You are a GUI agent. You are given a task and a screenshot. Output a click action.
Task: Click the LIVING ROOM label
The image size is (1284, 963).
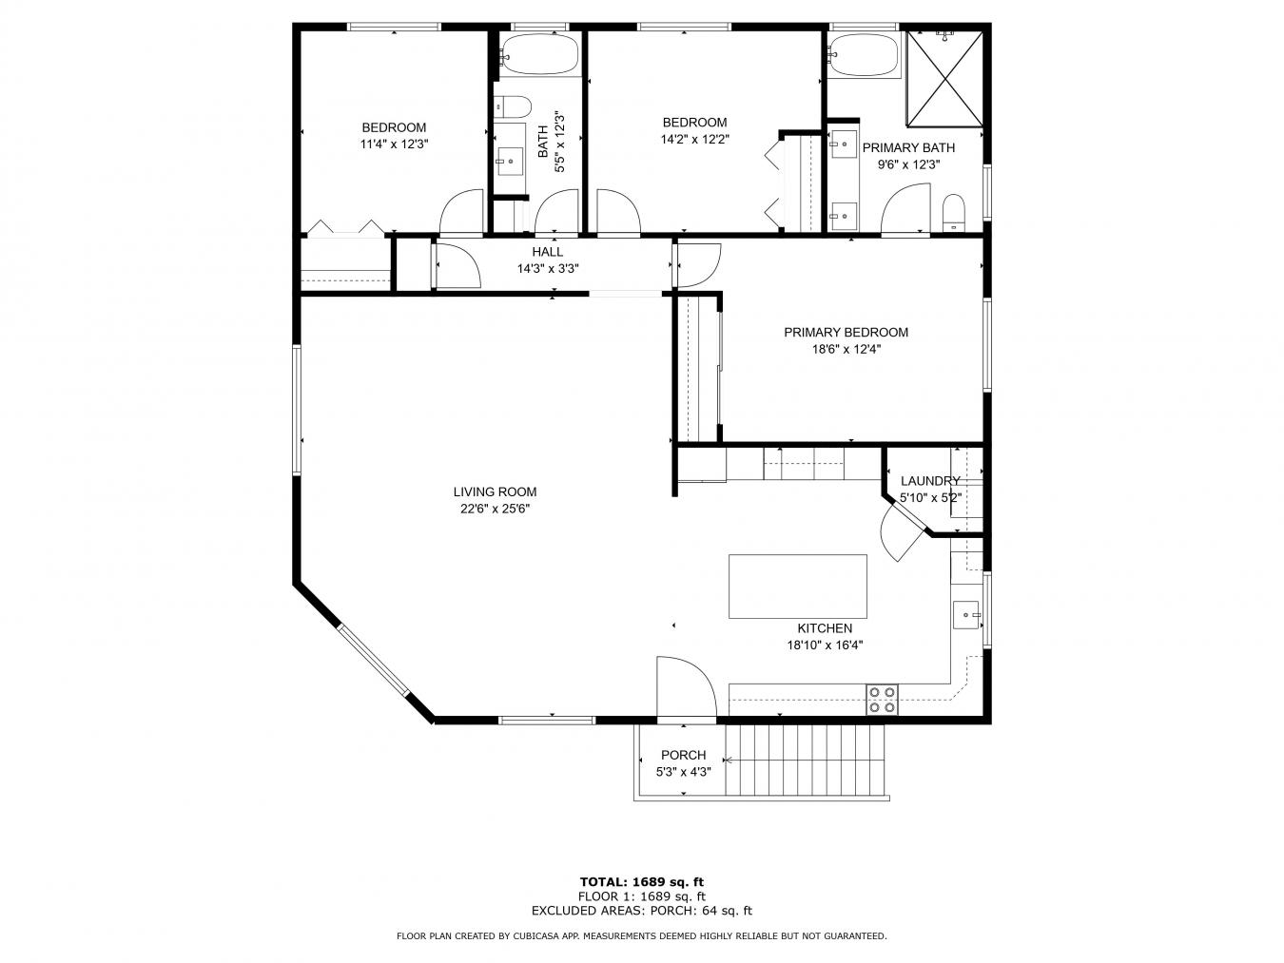(495, 491)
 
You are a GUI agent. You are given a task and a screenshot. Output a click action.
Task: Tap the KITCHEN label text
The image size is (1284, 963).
(824, 628)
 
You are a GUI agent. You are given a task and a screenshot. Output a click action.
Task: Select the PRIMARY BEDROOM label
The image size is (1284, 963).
(846, 332)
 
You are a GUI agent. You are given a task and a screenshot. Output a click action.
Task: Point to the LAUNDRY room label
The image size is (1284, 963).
(929, 481)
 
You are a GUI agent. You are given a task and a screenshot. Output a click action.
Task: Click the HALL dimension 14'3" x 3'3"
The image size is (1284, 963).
(547, 269)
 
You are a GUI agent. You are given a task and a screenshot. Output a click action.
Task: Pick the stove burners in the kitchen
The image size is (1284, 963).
(882, 700)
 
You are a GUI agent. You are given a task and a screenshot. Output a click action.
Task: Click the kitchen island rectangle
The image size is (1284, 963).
(797, 587)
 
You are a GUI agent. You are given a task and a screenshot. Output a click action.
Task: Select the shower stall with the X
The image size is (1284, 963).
(945, 78)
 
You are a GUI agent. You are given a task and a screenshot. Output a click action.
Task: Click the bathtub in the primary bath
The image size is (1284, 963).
(864, 56)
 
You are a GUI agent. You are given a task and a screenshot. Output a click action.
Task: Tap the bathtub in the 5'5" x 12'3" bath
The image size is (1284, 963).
(539, 55)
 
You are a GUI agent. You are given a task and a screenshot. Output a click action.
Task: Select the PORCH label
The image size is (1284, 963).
(683, 755)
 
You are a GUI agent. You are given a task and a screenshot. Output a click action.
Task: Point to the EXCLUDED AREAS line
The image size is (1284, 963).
(641, 911)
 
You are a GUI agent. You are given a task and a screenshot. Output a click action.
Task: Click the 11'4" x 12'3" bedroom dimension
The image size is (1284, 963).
(394, 144)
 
